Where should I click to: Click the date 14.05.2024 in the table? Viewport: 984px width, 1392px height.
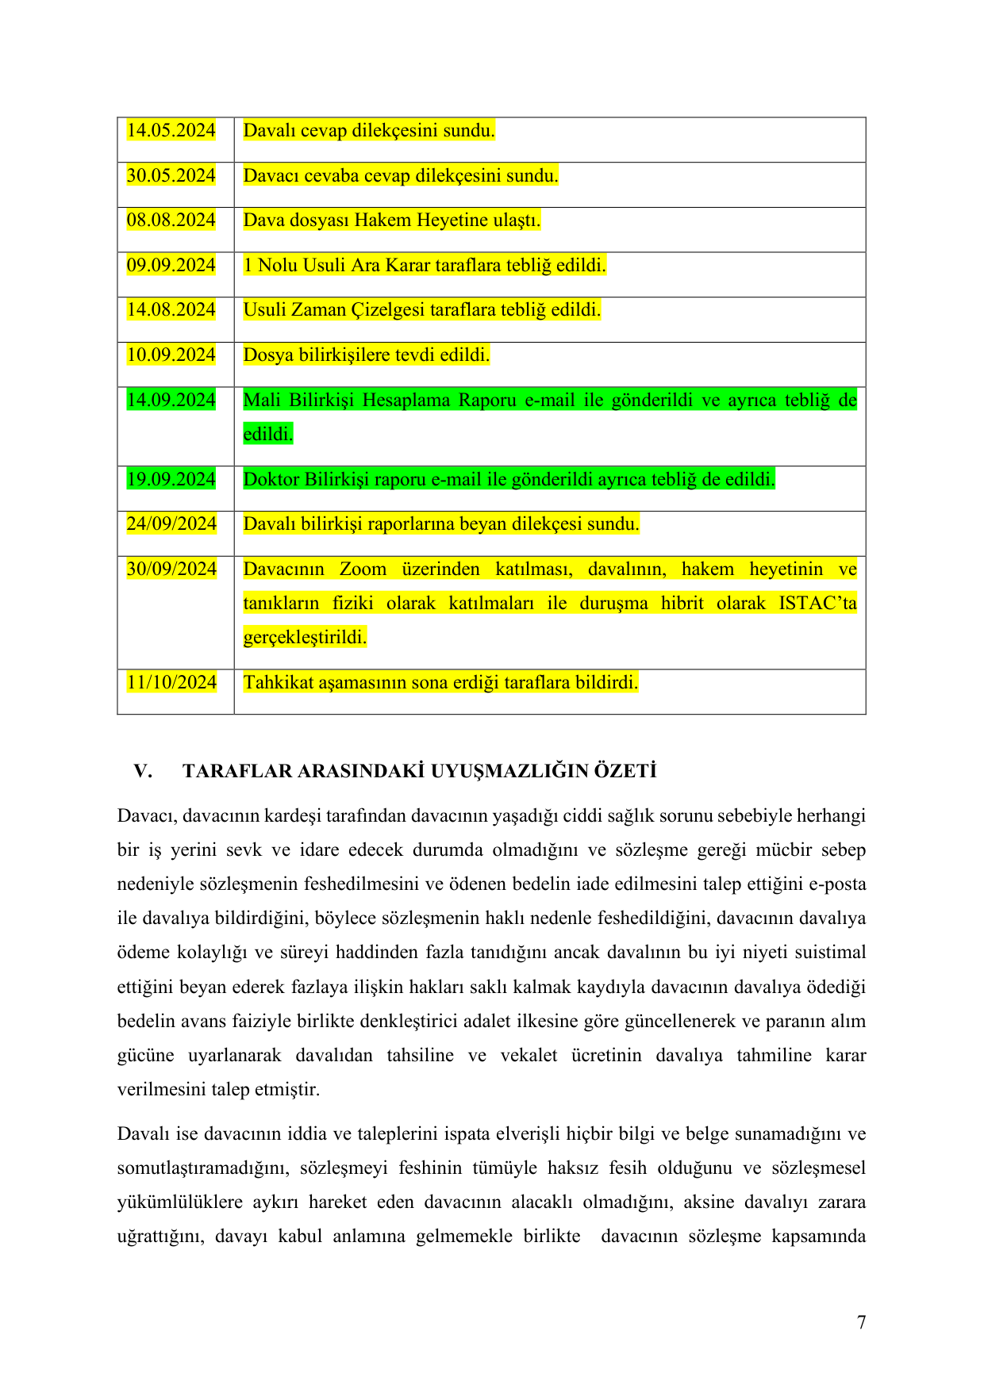coord(171,131)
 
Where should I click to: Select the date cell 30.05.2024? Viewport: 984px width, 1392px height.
coord(171,176)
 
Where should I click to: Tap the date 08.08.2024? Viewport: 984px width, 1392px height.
coord(171,220)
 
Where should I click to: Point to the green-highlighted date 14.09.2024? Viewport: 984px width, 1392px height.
coord(171,401)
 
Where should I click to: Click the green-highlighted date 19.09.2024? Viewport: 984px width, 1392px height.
coord(171,480)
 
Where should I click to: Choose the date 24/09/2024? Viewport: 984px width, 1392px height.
coord(171,524)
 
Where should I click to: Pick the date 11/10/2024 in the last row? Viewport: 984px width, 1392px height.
coord(171,683)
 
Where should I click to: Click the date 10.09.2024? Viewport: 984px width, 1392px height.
coord(171,355)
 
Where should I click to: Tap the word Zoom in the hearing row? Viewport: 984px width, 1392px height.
coord(363,569)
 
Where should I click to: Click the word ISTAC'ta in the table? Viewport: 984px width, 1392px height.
coord(817,604)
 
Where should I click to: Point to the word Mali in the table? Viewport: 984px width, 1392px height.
coord(261,401)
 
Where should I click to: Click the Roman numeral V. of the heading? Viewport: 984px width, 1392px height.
coord(143,772)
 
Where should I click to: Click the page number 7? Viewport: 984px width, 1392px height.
coord(861,1322)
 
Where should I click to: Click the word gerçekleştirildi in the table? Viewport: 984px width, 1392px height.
coord(305,638)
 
